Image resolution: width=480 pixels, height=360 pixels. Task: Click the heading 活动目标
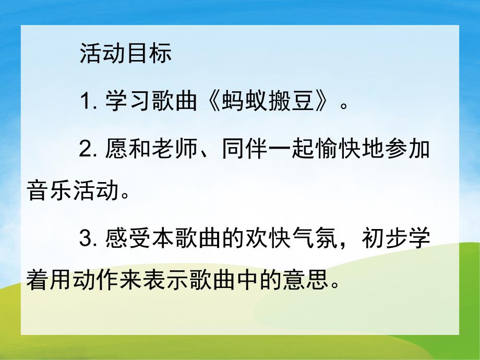pyautogui.click(x=126, y=54)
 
